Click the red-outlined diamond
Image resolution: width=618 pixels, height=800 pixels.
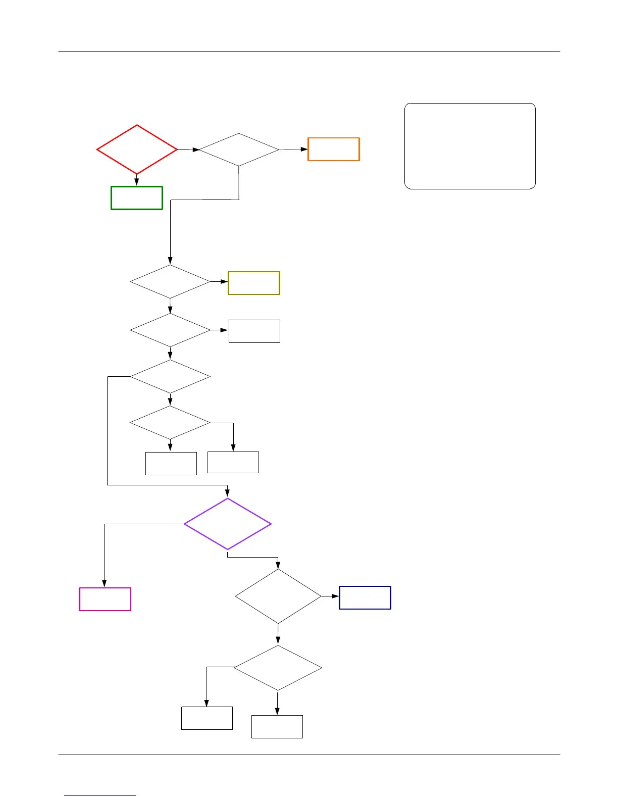coord(137,149)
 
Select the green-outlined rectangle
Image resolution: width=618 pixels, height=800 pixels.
coord(137,197)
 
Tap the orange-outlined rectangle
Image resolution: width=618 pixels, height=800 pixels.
coord(334,149)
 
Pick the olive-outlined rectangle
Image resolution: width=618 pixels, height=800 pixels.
coord(254,283)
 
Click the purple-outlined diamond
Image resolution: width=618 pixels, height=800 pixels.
coord(228,524)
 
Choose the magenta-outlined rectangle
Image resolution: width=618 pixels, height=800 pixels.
coord(105,599)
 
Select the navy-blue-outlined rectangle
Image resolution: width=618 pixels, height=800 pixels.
coord(365,597)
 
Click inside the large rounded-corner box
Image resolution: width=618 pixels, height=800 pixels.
coord(470,146)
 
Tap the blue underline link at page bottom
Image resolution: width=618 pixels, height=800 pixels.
coord(100,795)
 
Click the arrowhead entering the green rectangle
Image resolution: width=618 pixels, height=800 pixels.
coord(137,182)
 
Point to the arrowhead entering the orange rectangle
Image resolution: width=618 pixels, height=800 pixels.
coord(304,149)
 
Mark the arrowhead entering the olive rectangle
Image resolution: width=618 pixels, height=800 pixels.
coord(225,281)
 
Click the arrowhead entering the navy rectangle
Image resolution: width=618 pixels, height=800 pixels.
coord(336,596)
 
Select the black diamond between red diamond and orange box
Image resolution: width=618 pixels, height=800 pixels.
coord(239,149)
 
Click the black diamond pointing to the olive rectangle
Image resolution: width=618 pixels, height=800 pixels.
coord(170,281)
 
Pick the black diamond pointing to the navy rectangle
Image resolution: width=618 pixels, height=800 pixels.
coord(278,596)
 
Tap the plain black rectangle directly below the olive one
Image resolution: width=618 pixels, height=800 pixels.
coord(254,331)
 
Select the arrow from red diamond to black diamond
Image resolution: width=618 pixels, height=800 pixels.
coord(188,149)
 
